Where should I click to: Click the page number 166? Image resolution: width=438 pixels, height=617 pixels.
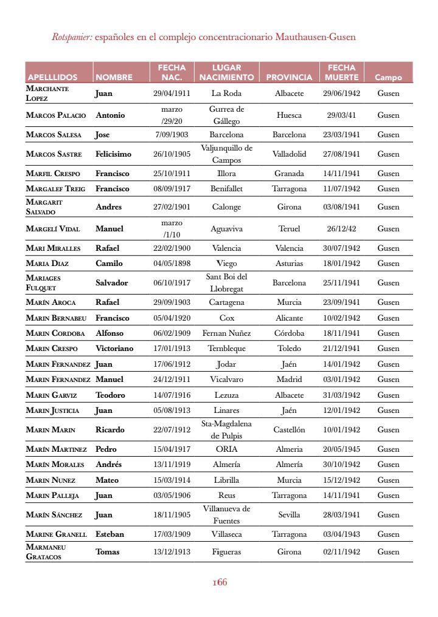point(220,582)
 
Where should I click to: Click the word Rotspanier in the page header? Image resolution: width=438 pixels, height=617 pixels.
point(72,37)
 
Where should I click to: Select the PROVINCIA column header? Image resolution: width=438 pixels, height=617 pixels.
point(289,77)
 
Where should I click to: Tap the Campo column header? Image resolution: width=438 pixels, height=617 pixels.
point(388,77)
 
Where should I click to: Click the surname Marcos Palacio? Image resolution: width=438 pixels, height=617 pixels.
point(56,115)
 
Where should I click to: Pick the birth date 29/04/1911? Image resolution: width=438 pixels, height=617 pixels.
point(172,94)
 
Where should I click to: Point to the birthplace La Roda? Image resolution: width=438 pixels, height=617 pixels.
point(226,94)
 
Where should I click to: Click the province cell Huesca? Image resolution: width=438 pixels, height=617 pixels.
point(289,115)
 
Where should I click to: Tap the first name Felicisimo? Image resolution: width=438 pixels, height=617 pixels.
point(113,154)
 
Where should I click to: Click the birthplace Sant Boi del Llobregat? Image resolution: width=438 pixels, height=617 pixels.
point(226,282)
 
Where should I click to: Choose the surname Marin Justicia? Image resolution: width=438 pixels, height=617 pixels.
point(52,411)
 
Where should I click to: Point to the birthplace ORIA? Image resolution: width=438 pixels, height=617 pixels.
point(226,449)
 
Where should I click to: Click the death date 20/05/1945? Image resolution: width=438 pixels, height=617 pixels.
point(341,449)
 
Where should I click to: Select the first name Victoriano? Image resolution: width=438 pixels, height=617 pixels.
point(114,349)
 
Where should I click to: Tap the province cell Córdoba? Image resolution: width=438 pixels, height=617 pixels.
point(289,333)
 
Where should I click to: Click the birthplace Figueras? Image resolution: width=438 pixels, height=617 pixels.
point(226,552)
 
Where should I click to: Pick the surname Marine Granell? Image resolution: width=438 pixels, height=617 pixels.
point(56,534)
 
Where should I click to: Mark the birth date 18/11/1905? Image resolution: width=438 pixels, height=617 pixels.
point(172,515)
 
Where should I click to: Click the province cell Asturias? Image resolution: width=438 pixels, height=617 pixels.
point(289,264)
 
